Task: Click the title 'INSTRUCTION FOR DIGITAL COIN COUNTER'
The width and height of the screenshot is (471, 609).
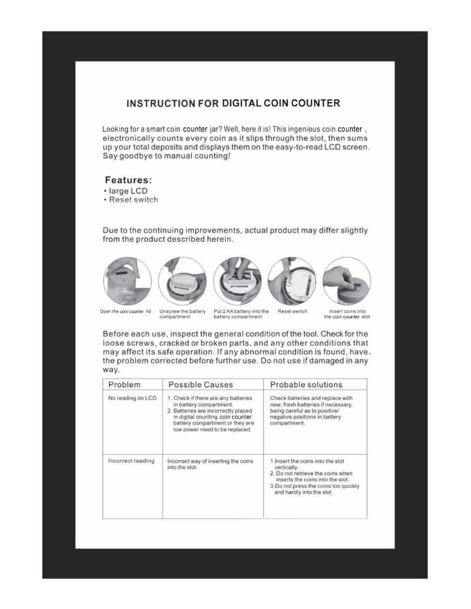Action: [233, 104]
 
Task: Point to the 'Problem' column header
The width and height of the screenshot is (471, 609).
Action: [124, 385]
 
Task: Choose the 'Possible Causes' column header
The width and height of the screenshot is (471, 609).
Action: [200, 385]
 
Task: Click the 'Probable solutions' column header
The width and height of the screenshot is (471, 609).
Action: [306, 385]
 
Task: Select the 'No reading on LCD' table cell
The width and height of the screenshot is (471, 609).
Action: [132, 398]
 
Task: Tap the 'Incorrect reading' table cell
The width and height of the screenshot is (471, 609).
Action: [131, 461]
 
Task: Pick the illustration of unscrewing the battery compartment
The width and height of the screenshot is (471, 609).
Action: [182, 281]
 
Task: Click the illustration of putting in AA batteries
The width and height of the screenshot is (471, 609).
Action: [237, 281]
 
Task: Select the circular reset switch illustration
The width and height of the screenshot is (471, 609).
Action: [291, 281]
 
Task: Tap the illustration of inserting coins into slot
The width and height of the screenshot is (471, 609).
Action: [346, 281]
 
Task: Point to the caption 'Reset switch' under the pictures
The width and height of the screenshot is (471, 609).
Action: [292, 311]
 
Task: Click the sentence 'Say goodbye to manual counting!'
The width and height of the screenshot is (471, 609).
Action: [162, 157]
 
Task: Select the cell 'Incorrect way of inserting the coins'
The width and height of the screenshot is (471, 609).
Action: [210, 464]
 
